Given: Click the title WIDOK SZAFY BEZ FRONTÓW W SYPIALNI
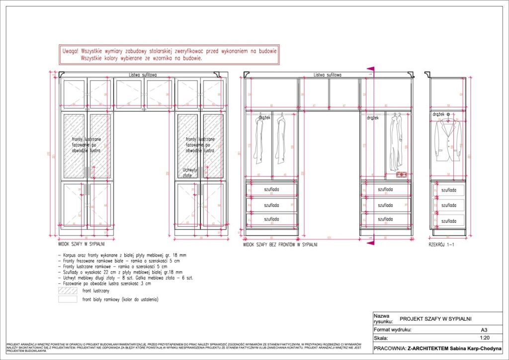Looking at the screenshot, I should (280, 245).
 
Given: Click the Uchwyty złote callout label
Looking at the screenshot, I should (190, 173).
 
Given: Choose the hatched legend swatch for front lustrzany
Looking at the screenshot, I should (68, 290).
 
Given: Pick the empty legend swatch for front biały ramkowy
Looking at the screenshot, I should (68, 300).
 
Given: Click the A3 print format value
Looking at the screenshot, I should (484, 329).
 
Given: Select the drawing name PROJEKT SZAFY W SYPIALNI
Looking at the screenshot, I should (435, 319).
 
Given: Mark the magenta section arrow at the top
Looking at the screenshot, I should (370, 70).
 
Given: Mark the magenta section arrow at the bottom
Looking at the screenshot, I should (370, 242).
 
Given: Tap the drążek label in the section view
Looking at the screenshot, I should (438, 114).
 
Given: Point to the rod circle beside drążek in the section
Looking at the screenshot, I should (448, 114).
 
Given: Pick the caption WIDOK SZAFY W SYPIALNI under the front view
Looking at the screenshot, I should (82, 245).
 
